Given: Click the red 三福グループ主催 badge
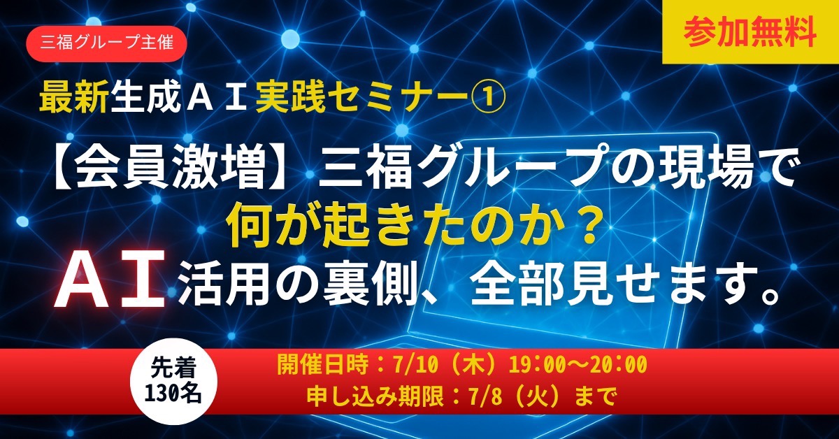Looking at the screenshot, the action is tap(106, 43).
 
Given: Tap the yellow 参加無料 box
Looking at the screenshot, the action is tap(750, 32).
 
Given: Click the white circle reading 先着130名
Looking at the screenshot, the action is tap(173, 381).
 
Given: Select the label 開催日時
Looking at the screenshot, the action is tap(322, 364).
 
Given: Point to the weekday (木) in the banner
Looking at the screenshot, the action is tap(475, 364).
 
